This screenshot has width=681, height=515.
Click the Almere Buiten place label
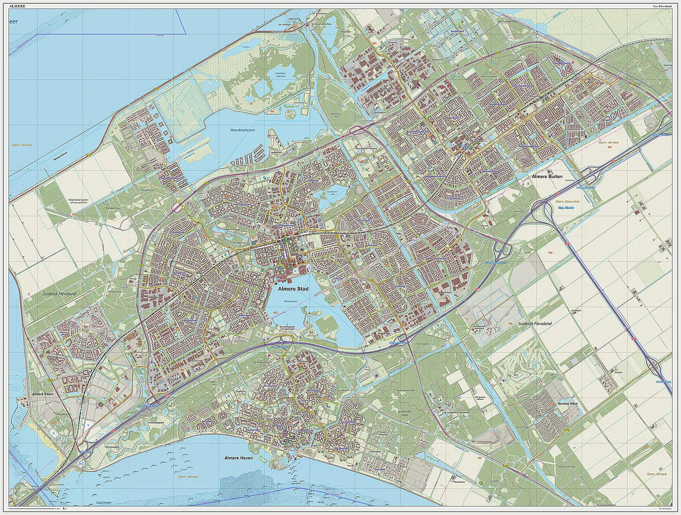546,176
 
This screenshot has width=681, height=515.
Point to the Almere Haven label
238,458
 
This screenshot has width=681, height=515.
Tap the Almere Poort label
44,394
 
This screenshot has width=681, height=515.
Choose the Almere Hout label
567,404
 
